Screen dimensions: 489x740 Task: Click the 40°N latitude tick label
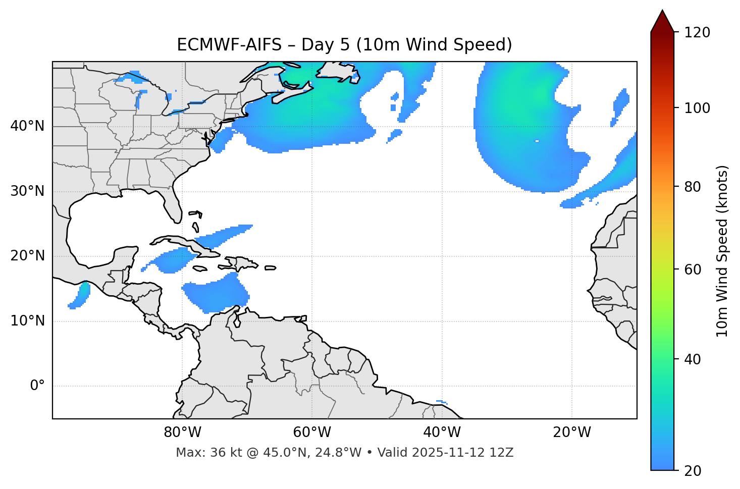(x=27, y=126)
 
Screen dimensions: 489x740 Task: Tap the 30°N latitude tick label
(x=27, y=191)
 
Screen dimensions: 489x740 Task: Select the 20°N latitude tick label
(x=27, y=256)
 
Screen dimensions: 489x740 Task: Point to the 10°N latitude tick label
(x=27, y=321)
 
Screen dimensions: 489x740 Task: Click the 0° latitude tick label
(x=37, y=386)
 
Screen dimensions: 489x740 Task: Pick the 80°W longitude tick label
(x=182, y=432)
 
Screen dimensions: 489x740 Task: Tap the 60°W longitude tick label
(x=312, y=432)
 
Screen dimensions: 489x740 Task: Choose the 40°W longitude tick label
(x=442, y=432)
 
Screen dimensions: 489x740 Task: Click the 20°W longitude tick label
(x=572, y=432)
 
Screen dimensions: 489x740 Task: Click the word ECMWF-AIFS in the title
(x=229, y=45)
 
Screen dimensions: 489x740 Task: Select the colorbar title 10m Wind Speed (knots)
(x=722, y=251)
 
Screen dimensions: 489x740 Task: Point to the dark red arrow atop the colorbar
(x=662, y=21)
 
